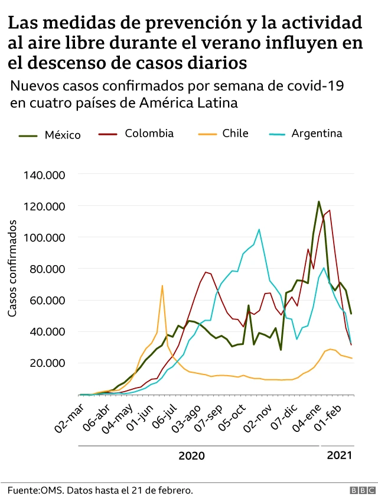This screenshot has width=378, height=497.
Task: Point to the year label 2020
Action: tap(191, 456)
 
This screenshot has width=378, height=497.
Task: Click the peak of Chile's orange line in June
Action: tap(162, 286)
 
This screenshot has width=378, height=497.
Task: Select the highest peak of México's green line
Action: tap(319, 202)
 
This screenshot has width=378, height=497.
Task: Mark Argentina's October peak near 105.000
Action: tap(259, 230)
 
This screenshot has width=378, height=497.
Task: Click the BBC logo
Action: tap(357, 490)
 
